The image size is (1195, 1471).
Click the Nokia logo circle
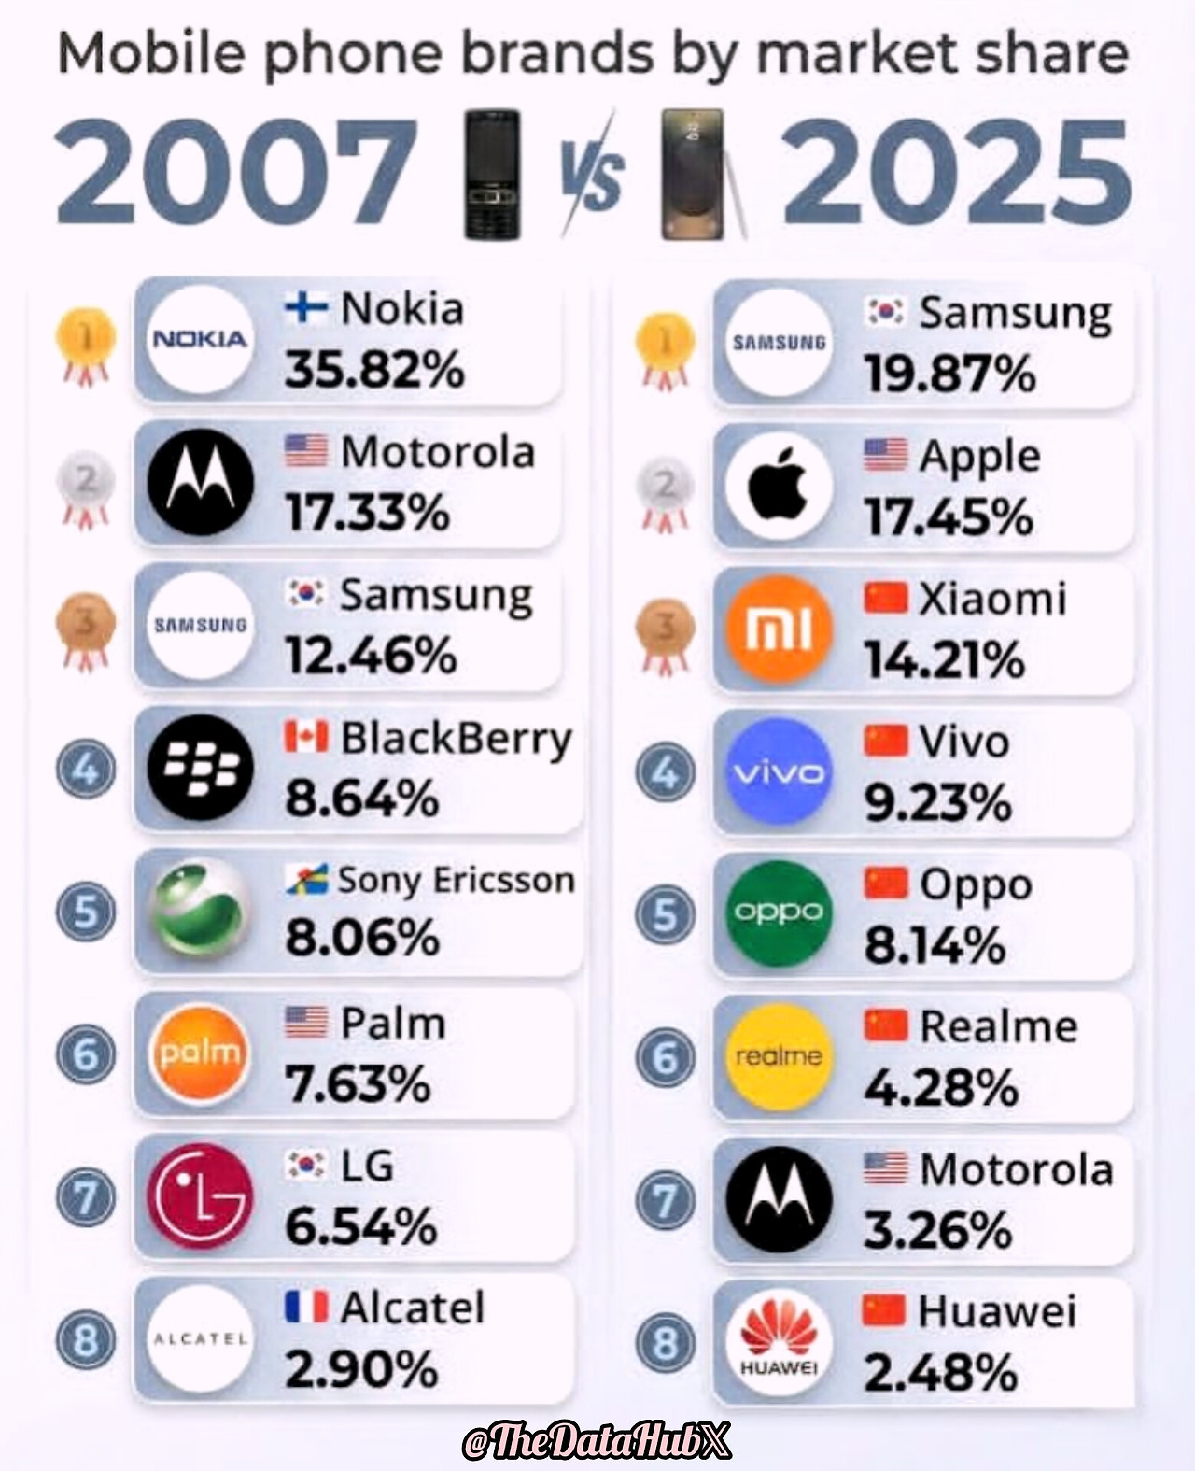200,339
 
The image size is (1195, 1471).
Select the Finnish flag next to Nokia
305,307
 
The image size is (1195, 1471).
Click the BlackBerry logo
200,768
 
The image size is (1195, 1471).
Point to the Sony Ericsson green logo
200,911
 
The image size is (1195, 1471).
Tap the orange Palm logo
200,1054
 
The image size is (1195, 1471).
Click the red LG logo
200,1196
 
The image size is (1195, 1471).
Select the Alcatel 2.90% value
361,1369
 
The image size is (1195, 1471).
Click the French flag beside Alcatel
305,1307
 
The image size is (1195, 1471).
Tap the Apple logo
779,486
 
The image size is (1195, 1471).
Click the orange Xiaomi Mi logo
779,629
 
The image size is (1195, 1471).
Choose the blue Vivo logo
779,771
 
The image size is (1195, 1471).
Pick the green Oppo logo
779,912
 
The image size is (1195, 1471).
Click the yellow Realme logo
779,1056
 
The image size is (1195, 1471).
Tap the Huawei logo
779,1342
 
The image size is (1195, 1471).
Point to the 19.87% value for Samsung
949,374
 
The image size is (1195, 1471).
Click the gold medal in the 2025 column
665,347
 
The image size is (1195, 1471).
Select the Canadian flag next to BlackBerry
305,737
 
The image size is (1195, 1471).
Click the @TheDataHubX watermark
597,1441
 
